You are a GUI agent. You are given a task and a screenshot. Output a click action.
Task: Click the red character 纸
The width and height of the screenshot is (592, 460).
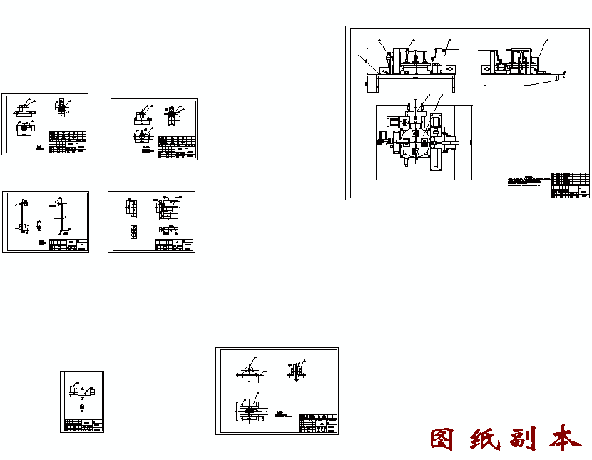[x=484, y=439]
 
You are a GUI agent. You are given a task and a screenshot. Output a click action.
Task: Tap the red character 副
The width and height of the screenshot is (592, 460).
[x=524, y=439]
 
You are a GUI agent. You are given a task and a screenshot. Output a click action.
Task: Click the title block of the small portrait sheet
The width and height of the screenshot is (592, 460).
[x=82, y=424]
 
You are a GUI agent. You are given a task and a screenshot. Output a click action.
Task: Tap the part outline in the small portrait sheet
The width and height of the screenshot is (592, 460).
[x=81, y=392]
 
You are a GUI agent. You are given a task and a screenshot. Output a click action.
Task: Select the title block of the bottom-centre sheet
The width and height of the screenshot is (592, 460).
[x=318, y=423]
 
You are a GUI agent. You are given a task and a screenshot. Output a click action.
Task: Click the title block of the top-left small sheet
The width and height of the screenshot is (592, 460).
[x=68, y=142]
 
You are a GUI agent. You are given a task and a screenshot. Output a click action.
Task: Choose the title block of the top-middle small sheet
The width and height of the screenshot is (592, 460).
[x=177, y=147]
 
